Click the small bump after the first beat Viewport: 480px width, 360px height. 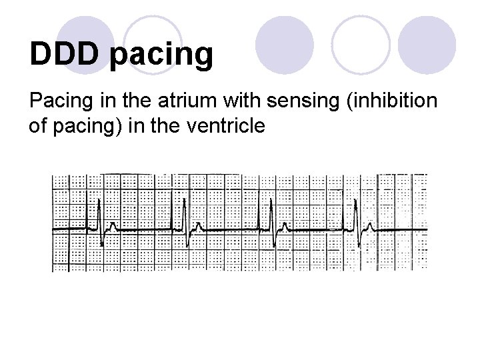click(x=112, y=226)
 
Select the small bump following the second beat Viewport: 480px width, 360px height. click(x=199, y=226)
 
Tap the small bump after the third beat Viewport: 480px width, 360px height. click(x=285, y=226)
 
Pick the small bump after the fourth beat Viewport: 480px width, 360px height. click(x=370, y=226)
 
